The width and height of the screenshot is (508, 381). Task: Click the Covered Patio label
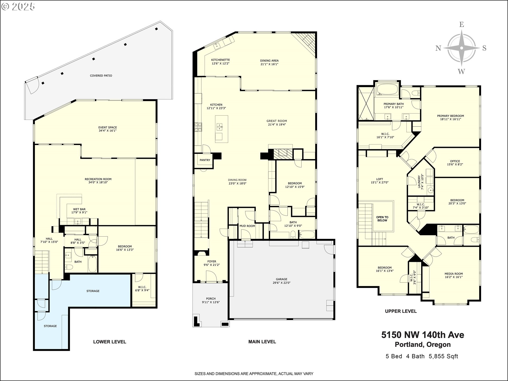pyautogui.click(x=101, y=76)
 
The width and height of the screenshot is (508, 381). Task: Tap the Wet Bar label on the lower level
pyautogui.click(x=79, y=209)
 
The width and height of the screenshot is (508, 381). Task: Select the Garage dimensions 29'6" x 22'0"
pyautogui.click(x=281, y=283)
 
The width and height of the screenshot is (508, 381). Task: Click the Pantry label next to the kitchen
pyautogui.click(x=205, y=160)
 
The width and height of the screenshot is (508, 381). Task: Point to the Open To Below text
pyautogui.click(x=382, y=219)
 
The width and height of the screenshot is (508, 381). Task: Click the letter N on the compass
pyautogui.click(x=438, y=48)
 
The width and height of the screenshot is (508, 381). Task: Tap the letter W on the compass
pyautogui.click(x=461, y=71)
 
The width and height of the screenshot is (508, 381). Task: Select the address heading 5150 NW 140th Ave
pyautogui.click(x=423, y=335)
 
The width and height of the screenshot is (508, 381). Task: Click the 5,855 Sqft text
pyautogui.click(x=443, y=356)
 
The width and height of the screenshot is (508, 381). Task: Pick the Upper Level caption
pyautogui.click(x=401, y=311)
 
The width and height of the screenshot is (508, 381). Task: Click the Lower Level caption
pyautogui.click(x=110, y=342)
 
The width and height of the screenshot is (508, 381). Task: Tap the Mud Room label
pyautogui.click(x=247, y=226)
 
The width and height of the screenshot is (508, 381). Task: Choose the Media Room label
pyautogui.click(x=453, y=274)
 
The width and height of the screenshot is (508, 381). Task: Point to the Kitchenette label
pyautogui.click(x=220, y=60)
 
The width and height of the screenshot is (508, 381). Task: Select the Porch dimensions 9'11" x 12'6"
pyautogui.click(x=211, y=302)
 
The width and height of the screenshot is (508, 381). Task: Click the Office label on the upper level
pyautogui.click(x=455, y=161)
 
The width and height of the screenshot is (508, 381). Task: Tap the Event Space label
pyautogui.click(x=107, y=128)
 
